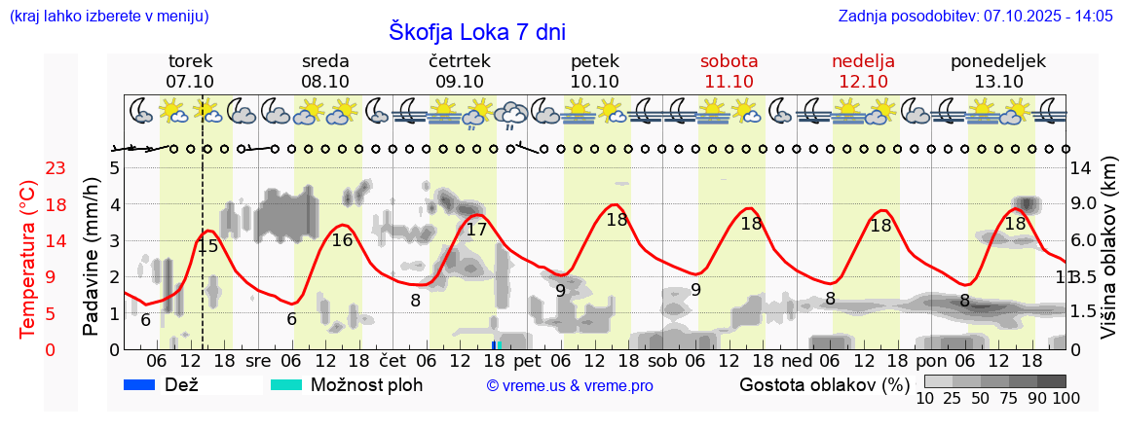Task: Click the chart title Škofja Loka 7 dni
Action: click(477, 31)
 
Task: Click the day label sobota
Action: click(729, 61)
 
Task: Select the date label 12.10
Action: click(863, 82)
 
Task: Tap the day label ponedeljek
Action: click(998, 61)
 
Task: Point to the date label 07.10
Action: click(190, 82)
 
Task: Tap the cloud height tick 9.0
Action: click(1085, 204)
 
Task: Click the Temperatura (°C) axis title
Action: click(29, 259)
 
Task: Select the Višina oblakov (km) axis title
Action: click(1109, 249)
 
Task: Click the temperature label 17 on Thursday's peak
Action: click(476, 231)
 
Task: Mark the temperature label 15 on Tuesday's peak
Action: click(208, 247)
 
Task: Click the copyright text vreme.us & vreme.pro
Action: click(570, 385)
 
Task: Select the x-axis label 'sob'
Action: click(662, 361)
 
